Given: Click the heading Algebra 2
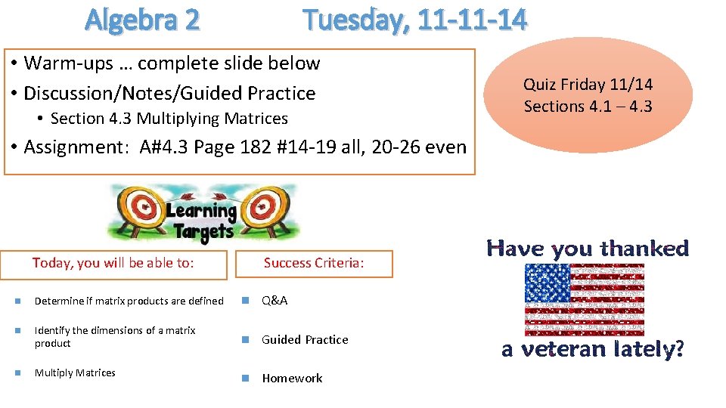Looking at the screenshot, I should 142,20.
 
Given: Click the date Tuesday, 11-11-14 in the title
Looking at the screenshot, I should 414,20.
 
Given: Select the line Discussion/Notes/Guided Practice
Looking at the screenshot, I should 169,93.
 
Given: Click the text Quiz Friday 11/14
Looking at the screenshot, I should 588,85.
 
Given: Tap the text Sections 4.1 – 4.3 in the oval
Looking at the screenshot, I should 588,107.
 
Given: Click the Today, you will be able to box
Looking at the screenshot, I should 113,263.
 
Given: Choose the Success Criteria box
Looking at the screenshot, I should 314,264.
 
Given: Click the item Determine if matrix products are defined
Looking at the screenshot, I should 129,301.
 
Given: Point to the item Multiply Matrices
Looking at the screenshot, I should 75,372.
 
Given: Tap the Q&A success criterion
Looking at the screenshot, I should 275,301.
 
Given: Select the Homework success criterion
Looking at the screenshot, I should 292,378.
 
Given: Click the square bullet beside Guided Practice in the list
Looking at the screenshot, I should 244,340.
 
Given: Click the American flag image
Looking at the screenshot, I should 585,299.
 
